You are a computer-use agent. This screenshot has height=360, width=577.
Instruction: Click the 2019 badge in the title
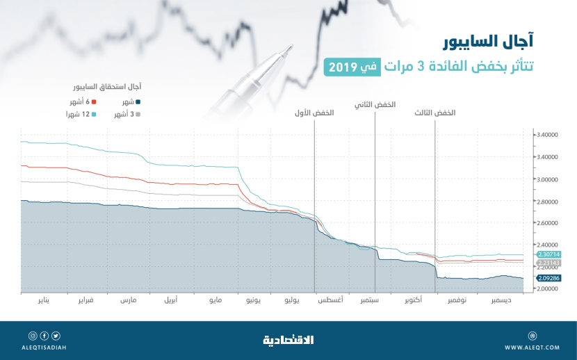(341, 67)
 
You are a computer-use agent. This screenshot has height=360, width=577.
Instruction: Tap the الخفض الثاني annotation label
(375, 105)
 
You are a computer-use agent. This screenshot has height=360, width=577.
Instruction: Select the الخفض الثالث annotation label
(435, 113)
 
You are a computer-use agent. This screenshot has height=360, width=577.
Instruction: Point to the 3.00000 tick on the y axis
(548, 179)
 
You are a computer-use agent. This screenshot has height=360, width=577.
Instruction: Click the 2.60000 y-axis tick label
(548, 223)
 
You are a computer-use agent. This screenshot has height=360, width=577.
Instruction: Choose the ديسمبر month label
(502, 302)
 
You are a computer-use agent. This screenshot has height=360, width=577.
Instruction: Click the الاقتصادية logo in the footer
(288, 340)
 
